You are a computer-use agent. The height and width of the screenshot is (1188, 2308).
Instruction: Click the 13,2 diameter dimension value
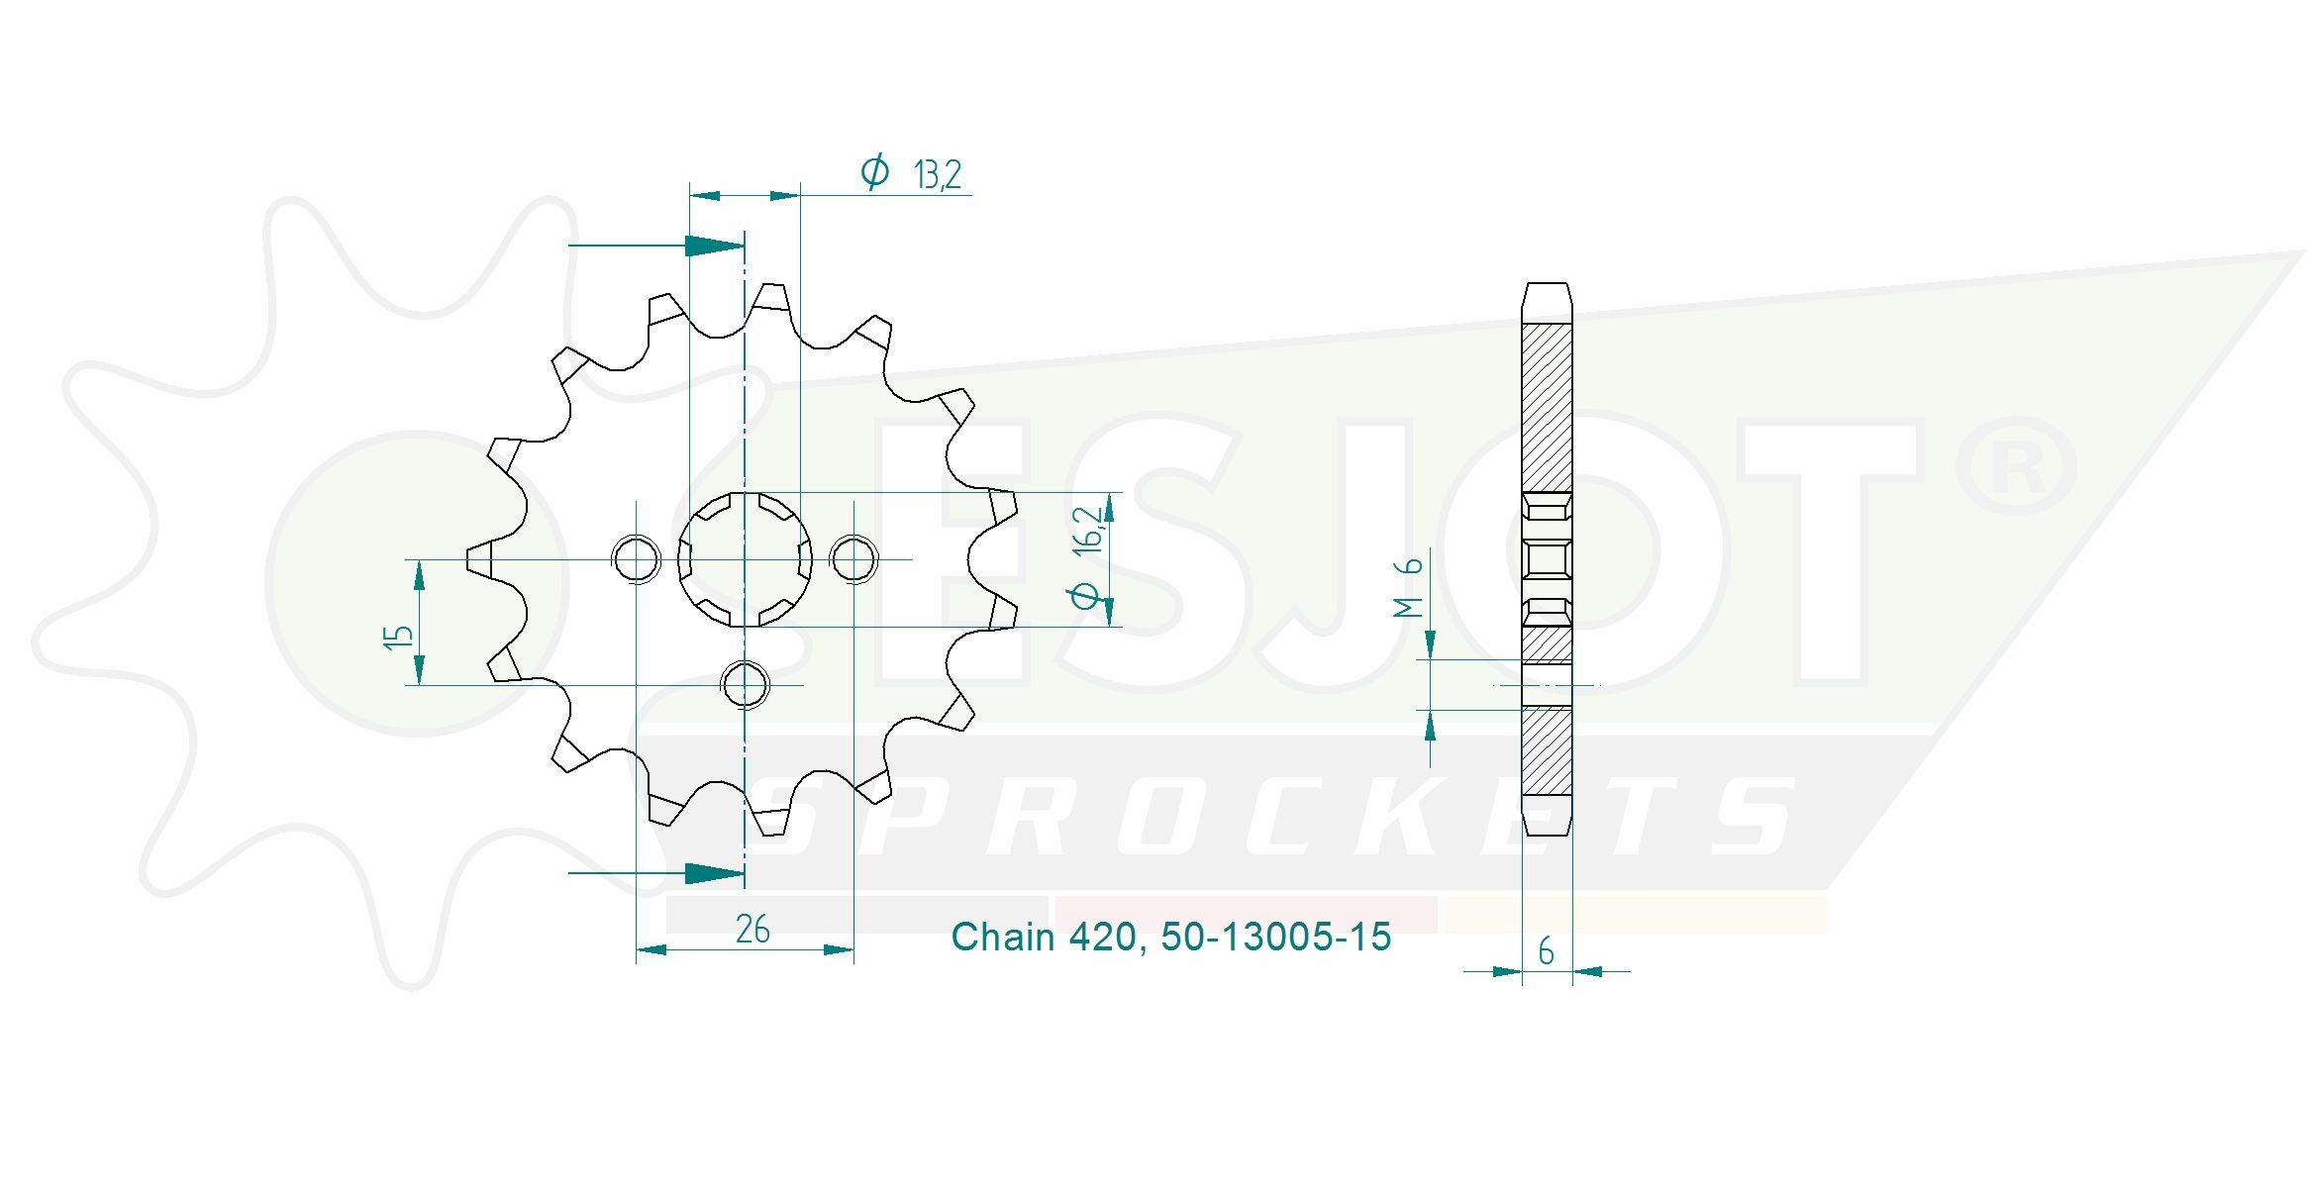938,175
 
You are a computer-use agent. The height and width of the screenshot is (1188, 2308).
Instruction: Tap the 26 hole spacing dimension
753,929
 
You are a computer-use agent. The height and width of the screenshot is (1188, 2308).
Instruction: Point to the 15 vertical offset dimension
398,637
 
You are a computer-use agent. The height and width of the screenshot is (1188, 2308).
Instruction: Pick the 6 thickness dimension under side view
1546,951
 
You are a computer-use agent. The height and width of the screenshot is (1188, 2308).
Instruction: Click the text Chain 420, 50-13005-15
1171,937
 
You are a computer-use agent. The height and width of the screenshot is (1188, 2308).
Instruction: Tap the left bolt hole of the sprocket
636,559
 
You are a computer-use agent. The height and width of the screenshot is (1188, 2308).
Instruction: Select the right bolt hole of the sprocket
853,559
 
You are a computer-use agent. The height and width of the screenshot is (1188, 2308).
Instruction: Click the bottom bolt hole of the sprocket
745,684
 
